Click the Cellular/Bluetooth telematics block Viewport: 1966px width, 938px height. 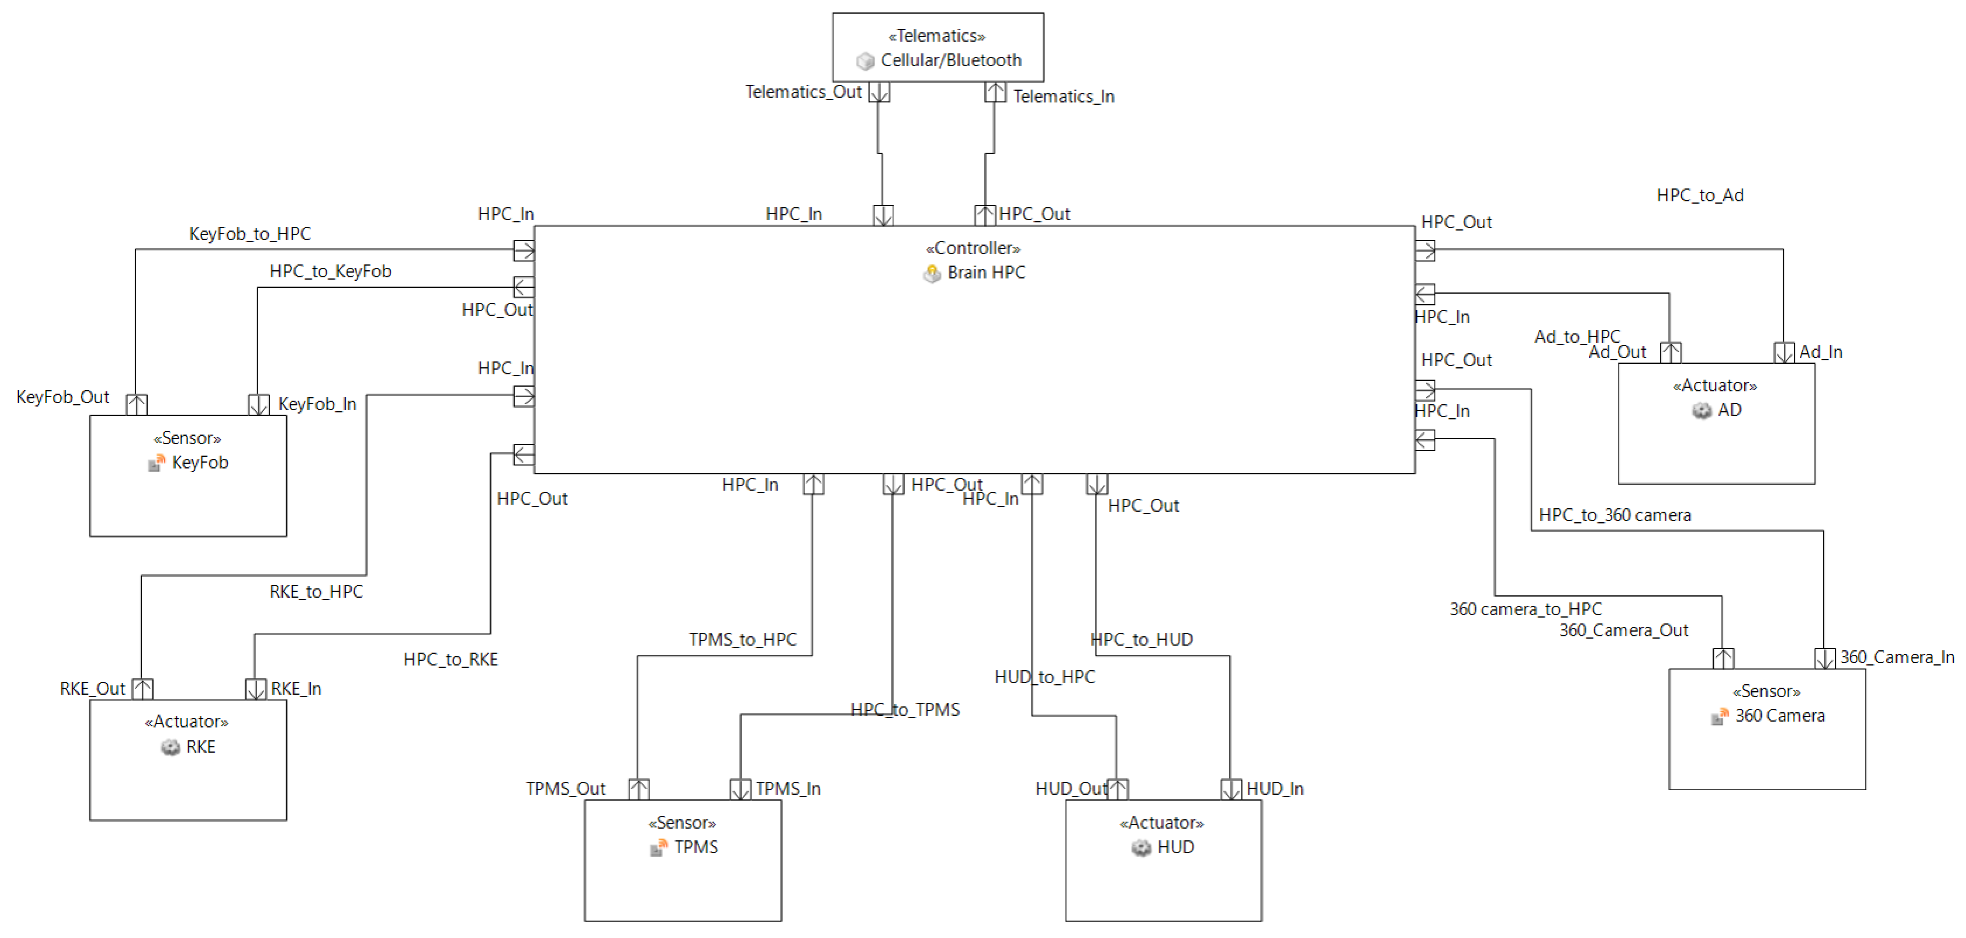coord(937,47)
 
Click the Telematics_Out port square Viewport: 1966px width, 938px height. coord(879,92)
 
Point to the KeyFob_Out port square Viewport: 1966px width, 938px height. coord(137,404)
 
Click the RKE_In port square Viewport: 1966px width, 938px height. coord(256,689)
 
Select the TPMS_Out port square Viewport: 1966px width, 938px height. coord(639,789)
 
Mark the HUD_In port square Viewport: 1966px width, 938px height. coord(1230,789)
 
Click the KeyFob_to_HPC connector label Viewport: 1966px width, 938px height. coord(250,233)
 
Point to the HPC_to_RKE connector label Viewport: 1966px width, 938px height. coord(450,659)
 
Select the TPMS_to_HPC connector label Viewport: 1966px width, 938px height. coord(742,640)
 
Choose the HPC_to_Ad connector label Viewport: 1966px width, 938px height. coord(1700,195)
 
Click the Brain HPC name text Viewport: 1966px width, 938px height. coord(986,272)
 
